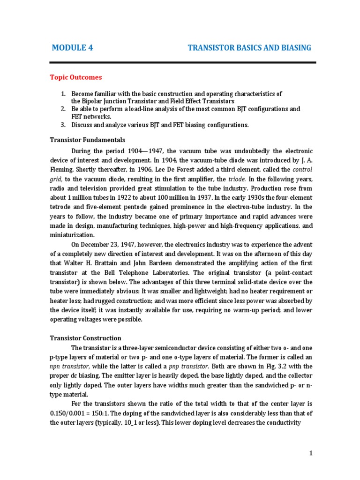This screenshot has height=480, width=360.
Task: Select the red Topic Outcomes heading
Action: tap(76, 77)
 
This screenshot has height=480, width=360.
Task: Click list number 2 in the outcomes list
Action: tap(63, 109)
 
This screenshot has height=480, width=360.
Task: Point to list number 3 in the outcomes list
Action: tap(63, 125)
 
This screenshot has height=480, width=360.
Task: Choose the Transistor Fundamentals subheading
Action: tap(87, 140)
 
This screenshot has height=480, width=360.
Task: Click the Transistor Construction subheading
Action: tap(85, 338)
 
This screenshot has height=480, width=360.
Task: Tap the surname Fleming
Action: tap(61, 170)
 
